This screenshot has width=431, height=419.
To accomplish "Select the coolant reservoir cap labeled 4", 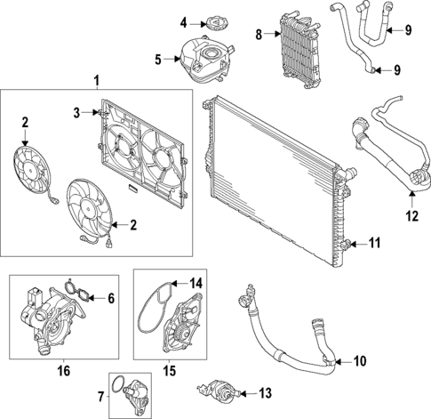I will click(216, 20).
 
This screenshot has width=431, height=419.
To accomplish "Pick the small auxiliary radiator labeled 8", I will click(299, 50).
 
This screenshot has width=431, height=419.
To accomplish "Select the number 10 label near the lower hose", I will click(360, 361).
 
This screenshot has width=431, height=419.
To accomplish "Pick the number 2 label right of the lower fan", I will click(132, 225).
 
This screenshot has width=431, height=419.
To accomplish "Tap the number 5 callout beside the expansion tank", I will click(158, 60).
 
